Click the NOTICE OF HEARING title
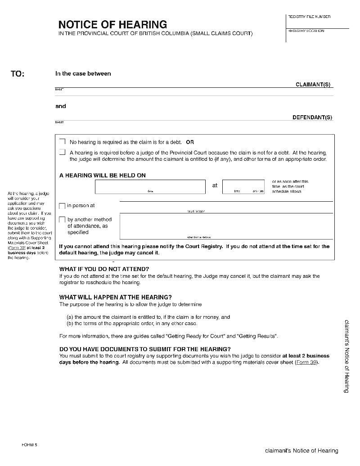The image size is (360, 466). (112, 24)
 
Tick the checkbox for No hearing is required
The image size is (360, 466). (63, 141)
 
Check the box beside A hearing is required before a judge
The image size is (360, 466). (63, 152)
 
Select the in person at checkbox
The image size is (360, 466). (63, 206)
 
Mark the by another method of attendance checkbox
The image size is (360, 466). (63, 220)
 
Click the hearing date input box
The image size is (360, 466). (150, 186)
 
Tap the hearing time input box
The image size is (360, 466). (243, 186)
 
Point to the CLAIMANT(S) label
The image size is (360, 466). (314, 85)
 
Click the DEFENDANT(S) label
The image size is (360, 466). (312, 118)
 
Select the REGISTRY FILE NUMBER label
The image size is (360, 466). (309, 17)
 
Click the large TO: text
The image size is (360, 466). (18, 74)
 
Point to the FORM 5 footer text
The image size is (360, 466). (30, 445)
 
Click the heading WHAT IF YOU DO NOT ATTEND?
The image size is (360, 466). (104, 269)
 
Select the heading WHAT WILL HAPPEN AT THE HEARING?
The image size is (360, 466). (115, 297)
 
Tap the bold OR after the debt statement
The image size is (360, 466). (190, 142)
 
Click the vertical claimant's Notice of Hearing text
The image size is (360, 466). (346, 356)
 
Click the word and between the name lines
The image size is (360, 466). (60, 106)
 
